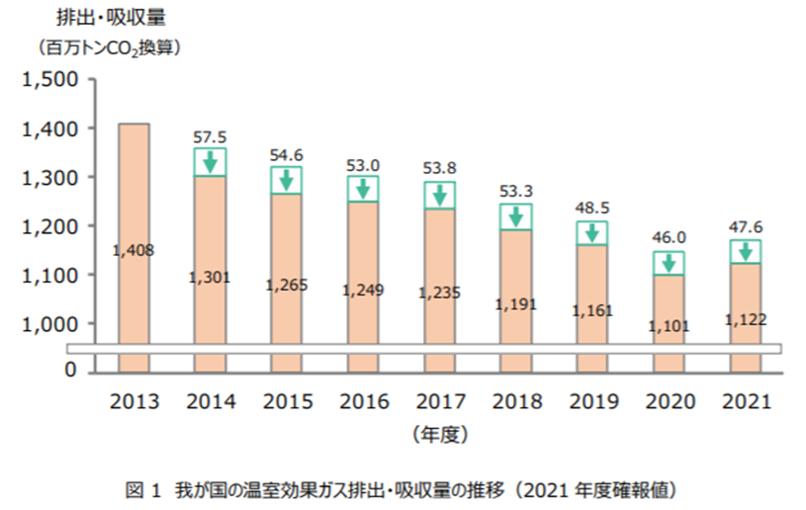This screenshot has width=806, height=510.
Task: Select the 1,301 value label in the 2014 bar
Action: tap(209, 278)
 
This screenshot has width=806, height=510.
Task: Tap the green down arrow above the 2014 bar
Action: tap(210, 162)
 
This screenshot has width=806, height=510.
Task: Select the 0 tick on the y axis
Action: tap(70, 370)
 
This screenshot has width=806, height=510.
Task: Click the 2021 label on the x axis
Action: tap(745, 403)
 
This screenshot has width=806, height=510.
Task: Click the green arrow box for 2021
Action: tap(745, 251)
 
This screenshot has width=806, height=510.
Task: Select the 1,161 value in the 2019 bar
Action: tap(591, 310)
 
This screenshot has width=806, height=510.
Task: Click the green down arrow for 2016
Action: tap(362, 188)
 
